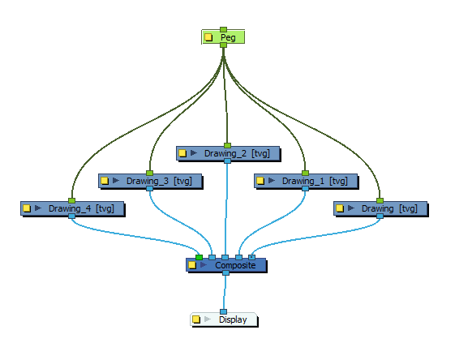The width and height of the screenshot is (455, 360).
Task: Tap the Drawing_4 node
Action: pos(81,208)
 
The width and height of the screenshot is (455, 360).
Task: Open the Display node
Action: pos(232,319)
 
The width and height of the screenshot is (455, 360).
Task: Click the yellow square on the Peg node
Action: pos(209,37)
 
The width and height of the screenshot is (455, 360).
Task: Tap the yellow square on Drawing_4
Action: pos(26,208)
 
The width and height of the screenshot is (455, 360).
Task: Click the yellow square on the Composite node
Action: pos(192,265)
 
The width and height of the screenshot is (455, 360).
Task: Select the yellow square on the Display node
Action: pos(196,319)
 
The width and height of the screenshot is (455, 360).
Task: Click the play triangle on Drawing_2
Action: pos(194,152)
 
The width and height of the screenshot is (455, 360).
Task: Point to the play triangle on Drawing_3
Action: pos(115,181)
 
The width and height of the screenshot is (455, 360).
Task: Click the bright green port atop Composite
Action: pos(199,257)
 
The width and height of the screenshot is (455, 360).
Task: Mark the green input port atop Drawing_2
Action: pos(227,145)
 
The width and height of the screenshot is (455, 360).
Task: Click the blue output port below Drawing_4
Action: pos(71,216)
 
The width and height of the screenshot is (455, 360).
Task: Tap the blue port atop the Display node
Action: pos(223,311)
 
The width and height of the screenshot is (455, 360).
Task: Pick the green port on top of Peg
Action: pos(223,29)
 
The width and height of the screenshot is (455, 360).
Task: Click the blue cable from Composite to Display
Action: pos(224,292)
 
